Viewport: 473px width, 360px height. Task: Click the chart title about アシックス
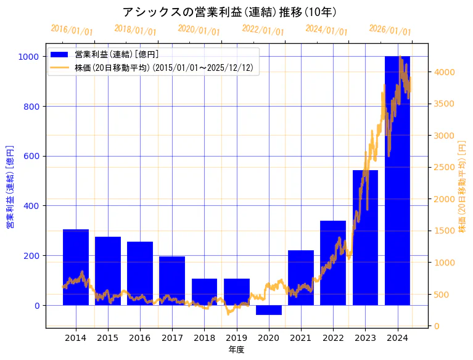pyautogui.click(x=229, y=12)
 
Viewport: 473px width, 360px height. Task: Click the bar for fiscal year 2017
pyautogui.click(x=172, y=280)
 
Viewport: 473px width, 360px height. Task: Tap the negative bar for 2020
pyautogui.click(x=268, y=310)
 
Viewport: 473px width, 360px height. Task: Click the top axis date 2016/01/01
pyautogui.click(x=72, y=30)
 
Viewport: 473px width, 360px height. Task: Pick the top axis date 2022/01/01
pyautogui.click(x=263, y=30)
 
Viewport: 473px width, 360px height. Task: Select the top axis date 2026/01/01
pyautogui.click(x=390, y=30)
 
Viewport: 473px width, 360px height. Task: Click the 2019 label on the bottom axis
pyautogui.click(x=236, y=338)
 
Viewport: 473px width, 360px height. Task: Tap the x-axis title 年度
pyautogui.click(x=236, y=350)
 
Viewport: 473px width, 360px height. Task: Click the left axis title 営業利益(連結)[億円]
pyautogui.click(x=10, y=187)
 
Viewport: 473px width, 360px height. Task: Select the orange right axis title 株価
pyautogui.click(x=462, y=187)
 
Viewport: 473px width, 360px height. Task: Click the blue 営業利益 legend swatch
pyautogui.click(x=60, y=55)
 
